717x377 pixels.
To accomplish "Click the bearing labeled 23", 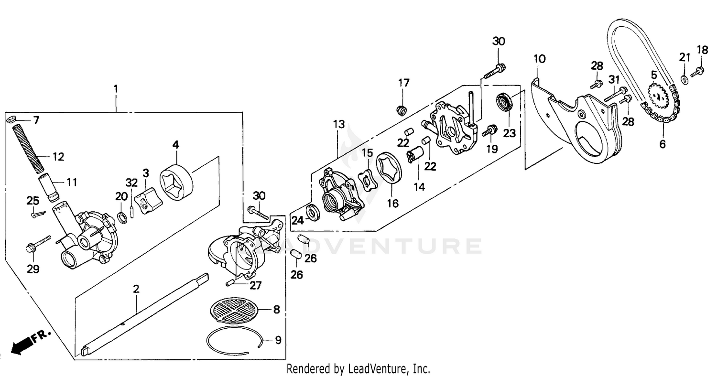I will click(x=504, y=103).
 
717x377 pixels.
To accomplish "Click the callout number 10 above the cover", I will click(x=539, y=59).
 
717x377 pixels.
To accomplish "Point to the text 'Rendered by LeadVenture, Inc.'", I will click(x=358, y=369).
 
